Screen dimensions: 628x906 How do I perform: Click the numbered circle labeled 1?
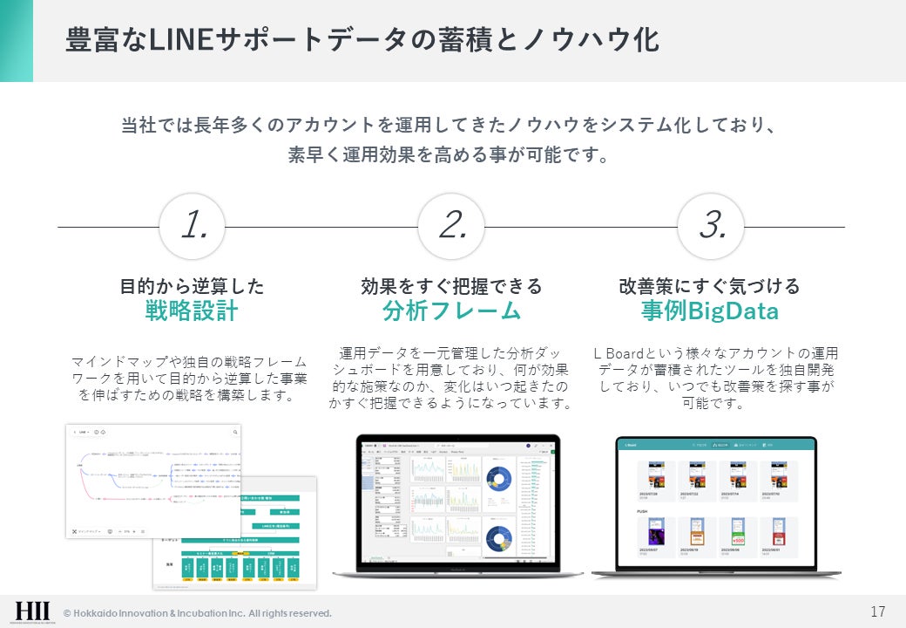tap(193, 227)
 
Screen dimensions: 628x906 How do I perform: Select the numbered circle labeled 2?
tap(451, 227)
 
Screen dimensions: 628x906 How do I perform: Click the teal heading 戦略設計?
tap(192, 311)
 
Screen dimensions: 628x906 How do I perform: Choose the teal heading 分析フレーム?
tap(451, 311)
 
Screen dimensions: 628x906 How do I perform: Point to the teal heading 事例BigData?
tap(710, 311)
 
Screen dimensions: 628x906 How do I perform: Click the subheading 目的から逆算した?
tap(192, 286)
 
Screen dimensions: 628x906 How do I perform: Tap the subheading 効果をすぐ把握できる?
tap(451, 286)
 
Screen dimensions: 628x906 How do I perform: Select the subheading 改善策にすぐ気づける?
tap(709, 286)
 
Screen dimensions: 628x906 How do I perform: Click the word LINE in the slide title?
tap(177, 40)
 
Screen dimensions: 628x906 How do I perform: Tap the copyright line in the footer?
tap(197, 613)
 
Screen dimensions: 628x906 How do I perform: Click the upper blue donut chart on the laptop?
tap(500, 478)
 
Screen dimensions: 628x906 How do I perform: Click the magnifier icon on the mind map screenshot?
tap(235, 432)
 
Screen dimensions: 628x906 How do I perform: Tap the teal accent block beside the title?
tap(16, 40)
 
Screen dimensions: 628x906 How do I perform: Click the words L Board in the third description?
tap(619, 354)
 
